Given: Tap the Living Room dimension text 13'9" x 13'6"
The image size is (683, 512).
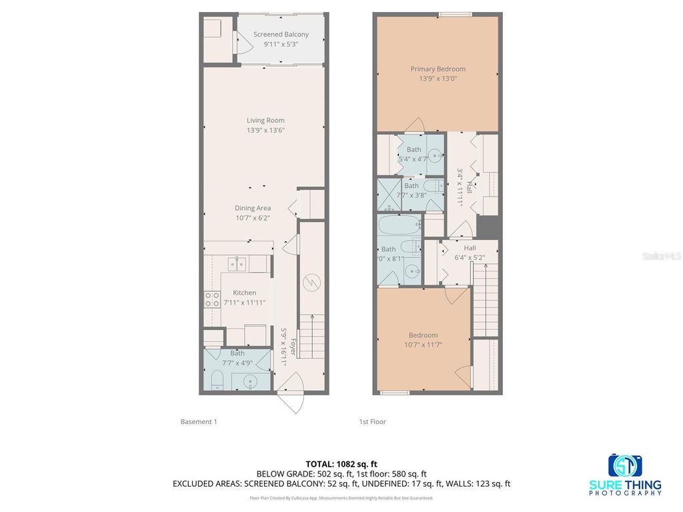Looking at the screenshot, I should pos(265,130).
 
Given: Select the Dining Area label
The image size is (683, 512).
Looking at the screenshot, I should pos(252,208).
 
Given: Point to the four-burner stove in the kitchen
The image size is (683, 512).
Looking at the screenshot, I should pos(212,300).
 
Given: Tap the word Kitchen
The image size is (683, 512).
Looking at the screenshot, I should pos(244,293).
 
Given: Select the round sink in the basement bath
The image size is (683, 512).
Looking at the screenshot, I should pos(250,382).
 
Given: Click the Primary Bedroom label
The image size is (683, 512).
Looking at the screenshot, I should pos(438,69).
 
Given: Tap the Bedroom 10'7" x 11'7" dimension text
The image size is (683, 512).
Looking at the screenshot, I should pos(423,345).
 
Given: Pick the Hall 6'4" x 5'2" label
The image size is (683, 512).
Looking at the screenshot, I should pos(469,252).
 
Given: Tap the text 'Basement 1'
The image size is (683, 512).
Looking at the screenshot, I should pos(198,421).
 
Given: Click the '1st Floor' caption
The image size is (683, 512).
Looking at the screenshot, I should pos(372,421).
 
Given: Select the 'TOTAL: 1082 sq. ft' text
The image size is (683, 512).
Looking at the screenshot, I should pos(341,463).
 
